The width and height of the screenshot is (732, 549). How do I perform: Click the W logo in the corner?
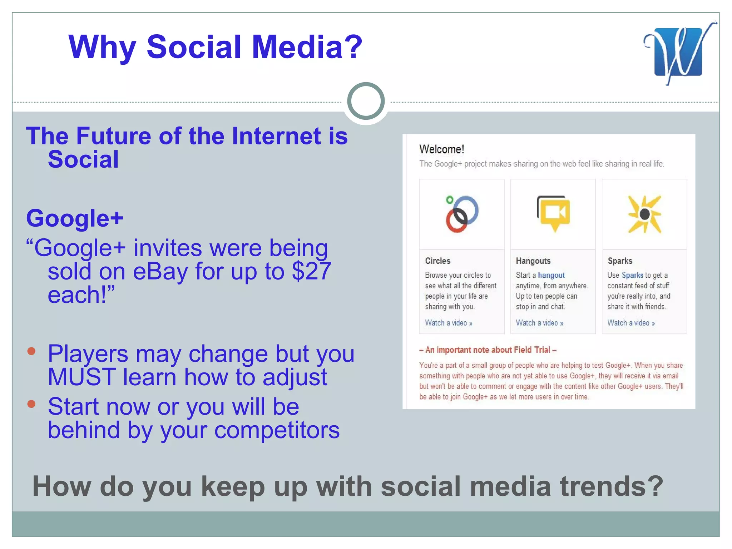pyautogui.click(x=678, y=52)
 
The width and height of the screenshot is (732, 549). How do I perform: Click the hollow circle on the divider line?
pyautogui.click(x=366, y=101)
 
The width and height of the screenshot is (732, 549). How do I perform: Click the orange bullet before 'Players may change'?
pyautogui.click(x=31, y=351)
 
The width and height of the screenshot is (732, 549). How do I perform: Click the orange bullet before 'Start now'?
pyautogui.click(x=31, y=404)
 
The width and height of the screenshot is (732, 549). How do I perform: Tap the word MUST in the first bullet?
pyautogui.click(x=82, y=377)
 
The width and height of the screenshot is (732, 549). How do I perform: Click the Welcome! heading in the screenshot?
pyautogui.click(x=441, y=149)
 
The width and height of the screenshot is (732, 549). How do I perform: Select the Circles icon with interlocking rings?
pyautogui.click(x=461, y=214)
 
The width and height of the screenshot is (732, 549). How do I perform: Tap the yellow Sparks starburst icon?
pyautogui.click(x=644, y=214)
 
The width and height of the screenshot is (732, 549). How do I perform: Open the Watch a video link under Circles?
pyautogui.click(x=448, y=323)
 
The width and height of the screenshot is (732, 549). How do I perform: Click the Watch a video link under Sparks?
pyautogui.click(x=631, y=323)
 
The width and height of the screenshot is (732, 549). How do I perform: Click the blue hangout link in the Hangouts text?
pyautogui.click(x=551, y=275)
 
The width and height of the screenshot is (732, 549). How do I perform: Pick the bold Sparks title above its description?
pyautogui.click(x=620, y=261)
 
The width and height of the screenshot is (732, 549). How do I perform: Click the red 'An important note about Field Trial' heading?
pyautogui.click(x=488, y=350)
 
